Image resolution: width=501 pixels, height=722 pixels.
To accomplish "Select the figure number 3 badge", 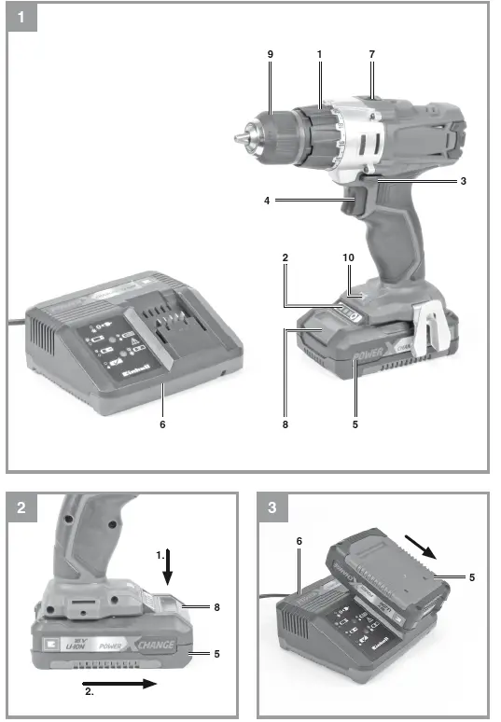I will coord(272,508).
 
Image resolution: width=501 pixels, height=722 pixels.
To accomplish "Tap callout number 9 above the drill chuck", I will coord(271,56).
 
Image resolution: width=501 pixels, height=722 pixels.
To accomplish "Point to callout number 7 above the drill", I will coord(371,56).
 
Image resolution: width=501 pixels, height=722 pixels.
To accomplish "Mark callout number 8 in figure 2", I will coord(216,607).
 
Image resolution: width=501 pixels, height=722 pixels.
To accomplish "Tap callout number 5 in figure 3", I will coord(471,577).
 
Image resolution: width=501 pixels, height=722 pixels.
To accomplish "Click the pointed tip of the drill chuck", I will coord(237,136).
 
